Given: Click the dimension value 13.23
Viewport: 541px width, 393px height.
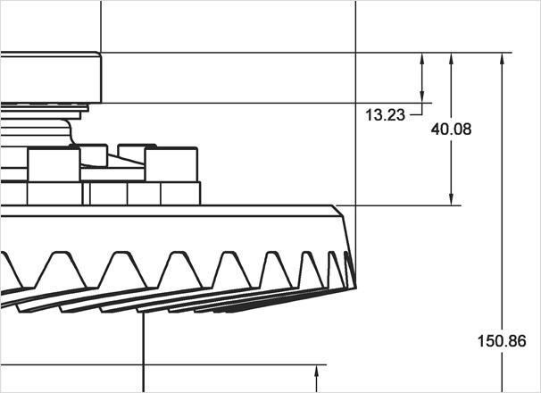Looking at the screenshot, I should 385,114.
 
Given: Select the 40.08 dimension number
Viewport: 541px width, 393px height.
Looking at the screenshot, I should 451,130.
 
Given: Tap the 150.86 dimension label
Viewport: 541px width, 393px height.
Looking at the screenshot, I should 502,341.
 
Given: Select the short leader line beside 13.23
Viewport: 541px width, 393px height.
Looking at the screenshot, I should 415,114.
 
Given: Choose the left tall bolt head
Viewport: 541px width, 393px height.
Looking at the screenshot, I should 54,165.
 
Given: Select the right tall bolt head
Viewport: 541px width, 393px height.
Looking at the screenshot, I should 171,165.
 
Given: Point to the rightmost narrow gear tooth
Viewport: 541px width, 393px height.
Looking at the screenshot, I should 349,268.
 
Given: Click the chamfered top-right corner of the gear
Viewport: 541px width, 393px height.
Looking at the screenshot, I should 339,211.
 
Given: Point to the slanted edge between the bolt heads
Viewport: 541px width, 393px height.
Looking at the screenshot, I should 125,161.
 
